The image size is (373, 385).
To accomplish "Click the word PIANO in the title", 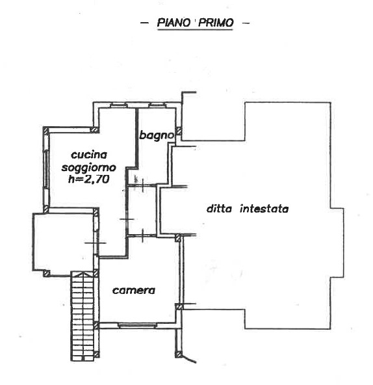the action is (174, 23).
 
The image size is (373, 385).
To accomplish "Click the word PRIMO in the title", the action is (216, 23).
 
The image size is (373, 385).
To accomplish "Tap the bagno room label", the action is (157, 135).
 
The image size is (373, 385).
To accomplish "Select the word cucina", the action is (89, 155).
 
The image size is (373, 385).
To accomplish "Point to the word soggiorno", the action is (88, 168).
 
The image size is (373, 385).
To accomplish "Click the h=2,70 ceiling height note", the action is (88, 179).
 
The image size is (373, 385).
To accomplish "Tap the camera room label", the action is (134, 291).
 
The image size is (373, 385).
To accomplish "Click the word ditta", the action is (219, 209).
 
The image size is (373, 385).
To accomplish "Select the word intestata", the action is (264, 209).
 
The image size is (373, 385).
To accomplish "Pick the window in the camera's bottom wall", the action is (137, 326).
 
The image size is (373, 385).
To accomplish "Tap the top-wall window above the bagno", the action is (157, 105).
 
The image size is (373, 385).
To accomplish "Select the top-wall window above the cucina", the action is (118, 105).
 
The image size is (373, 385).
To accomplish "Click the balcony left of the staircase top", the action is (63, 242).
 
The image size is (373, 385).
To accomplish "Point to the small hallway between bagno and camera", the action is (142, 211).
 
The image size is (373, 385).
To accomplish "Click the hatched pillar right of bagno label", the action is (179, 131).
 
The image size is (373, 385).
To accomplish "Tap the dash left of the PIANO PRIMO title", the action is (144, 23).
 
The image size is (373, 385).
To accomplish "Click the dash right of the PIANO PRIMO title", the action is (246, 23).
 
